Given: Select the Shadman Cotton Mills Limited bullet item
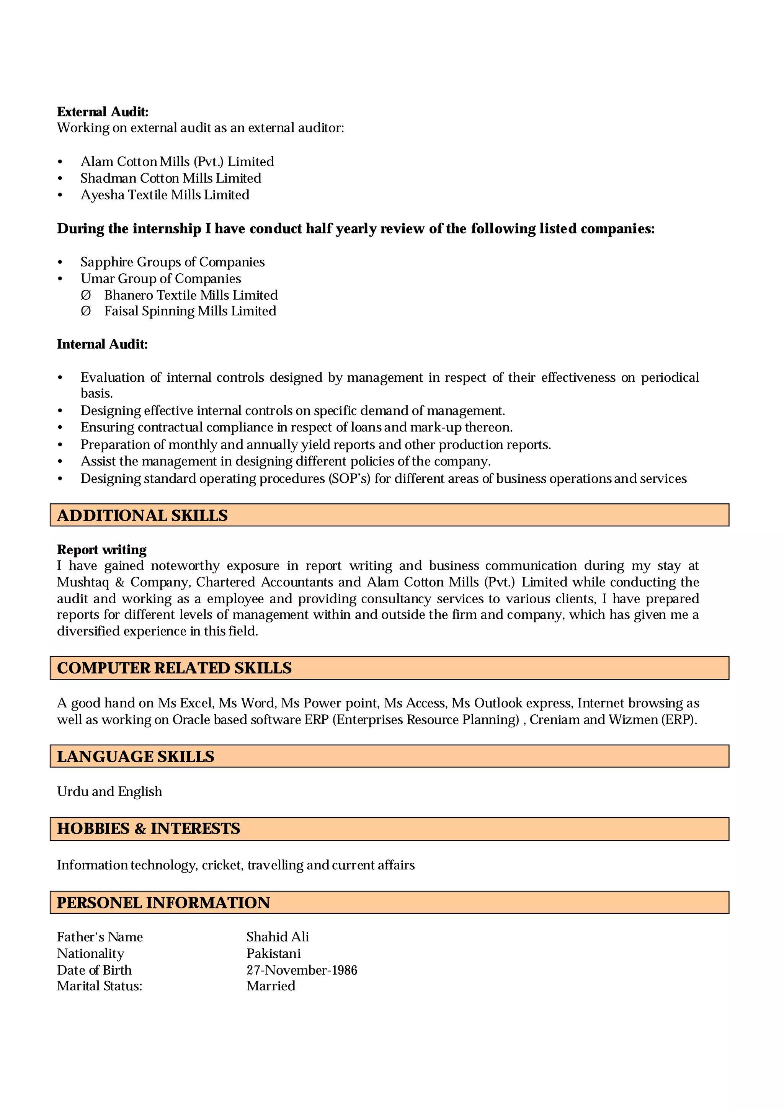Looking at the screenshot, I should click(x=170, y=178).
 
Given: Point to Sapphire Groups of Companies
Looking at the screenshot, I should click(x=172, y=262).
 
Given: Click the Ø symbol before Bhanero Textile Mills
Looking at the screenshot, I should click(x=86, y=295).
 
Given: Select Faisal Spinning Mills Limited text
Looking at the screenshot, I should click(x=190, y=311).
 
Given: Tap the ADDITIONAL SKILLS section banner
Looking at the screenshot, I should click(x=389, y=515).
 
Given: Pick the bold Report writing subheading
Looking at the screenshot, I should click(x=101, y=550).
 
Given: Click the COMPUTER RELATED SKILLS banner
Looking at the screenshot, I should click(x=389, y=668).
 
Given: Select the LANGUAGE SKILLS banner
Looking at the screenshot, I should click(x=389, y=756).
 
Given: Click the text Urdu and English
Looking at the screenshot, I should click(x=109, y=792).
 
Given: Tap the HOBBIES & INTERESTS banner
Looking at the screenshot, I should click(x=389, y=829).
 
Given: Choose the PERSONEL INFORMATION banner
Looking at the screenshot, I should click(x=389, y=903).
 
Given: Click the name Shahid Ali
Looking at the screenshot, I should click(x=277, y=937).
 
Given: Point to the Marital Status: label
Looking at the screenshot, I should click(x=100, y=987).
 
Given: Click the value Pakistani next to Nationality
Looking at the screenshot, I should click(x=273, y=954).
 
